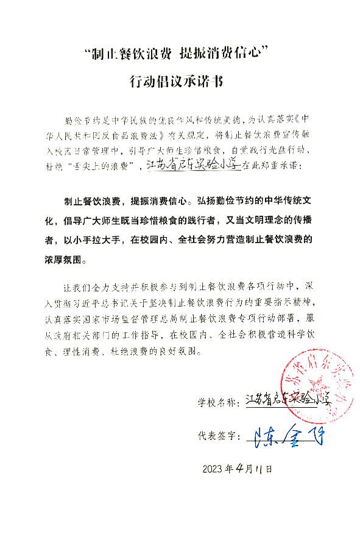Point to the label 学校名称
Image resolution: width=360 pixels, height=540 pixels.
point(218,402)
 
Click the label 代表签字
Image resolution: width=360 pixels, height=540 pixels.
point(218,437)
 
